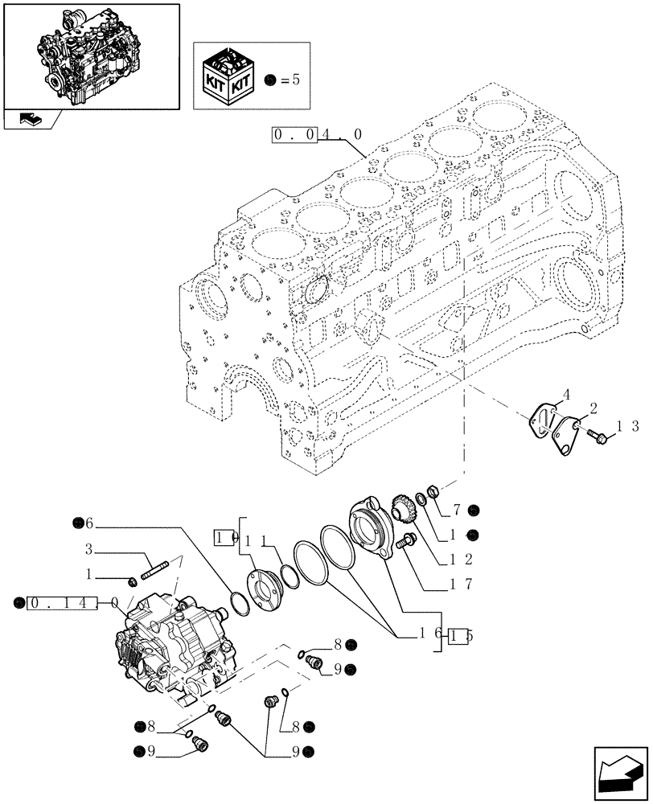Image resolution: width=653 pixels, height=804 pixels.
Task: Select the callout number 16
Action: (x=428, y=635)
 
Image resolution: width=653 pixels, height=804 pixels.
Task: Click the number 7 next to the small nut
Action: (x=456, y=509)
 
